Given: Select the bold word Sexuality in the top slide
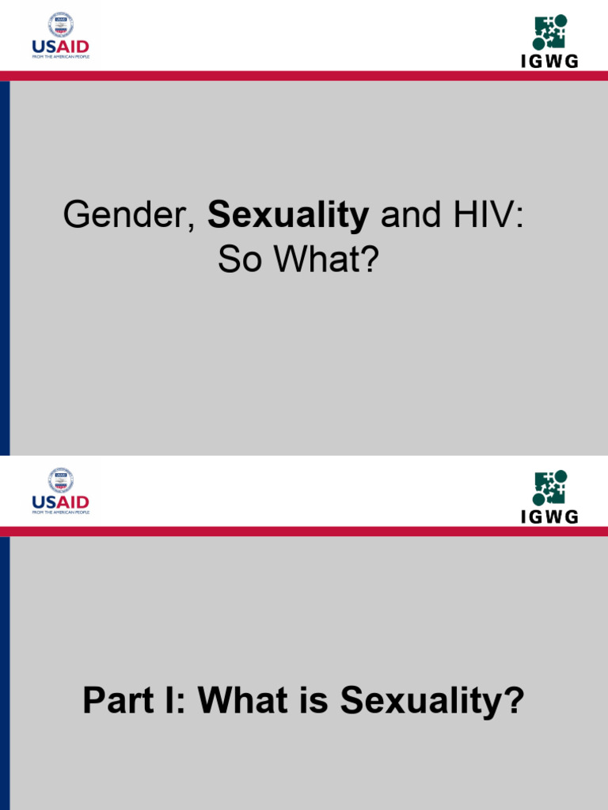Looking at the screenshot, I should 288,216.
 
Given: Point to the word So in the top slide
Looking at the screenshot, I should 240,261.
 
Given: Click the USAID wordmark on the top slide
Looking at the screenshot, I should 60,47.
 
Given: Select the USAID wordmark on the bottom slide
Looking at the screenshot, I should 60,502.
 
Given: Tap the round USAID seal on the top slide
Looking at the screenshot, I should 61,24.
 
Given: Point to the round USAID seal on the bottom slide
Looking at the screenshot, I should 61,479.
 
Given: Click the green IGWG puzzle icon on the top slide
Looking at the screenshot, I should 549,32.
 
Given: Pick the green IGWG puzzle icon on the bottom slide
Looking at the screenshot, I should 549,488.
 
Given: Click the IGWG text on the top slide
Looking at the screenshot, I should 549,62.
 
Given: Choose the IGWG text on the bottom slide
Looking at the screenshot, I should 549,517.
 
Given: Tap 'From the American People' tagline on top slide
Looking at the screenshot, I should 60,57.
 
